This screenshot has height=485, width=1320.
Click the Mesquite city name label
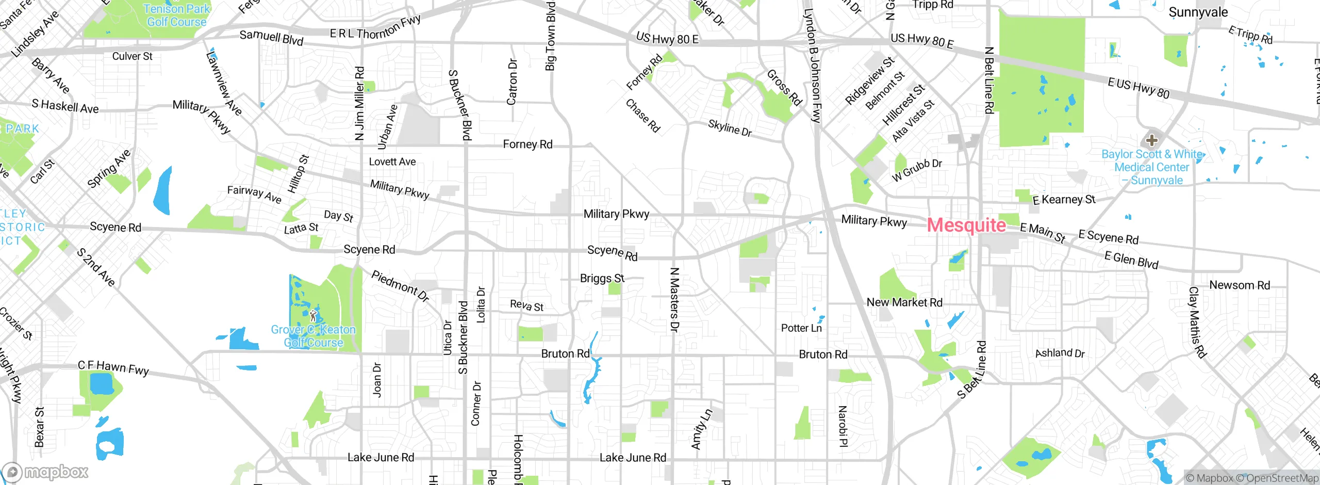(x=966, y=225)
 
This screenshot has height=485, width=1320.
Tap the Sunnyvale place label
(x=1198, y=12)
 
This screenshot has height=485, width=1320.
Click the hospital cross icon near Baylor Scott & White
(x=1151, y=140)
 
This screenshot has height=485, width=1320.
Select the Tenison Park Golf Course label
(x=176, y=15)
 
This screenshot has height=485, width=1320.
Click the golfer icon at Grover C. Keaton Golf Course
(x=313, y=316)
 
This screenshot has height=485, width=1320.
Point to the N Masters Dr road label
(x=674, y=299)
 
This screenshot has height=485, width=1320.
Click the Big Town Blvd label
(x=550, y=36)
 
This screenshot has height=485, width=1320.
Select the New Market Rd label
(x=904, y=302)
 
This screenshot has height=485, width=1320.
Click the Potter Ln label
(x=801, y=328)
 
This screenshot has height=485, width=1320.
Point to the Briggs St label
(x=602, y=279)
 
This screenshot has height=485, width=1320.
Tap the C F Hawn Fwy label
(x=113, y=367)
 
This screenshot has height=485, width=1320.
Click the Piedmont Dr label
(x=400, y=286)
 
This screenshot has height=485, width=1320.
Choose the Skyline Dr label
(x=730, y=128)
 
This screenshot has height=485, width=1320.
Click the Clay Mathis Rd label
(x=1197, y=322)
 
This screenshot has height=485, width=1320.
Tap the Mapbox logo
(x=45, y=472)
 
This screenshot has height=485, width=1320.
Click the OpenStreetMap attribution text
(x=1282, y=478)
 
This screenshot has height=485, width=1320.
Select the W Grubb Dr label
(x=917, y=170)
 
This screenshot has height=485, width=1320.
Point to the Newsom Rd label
(x=1240, y=285)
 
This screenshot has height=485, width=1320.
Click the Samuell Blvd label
(x=271, y=37)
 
